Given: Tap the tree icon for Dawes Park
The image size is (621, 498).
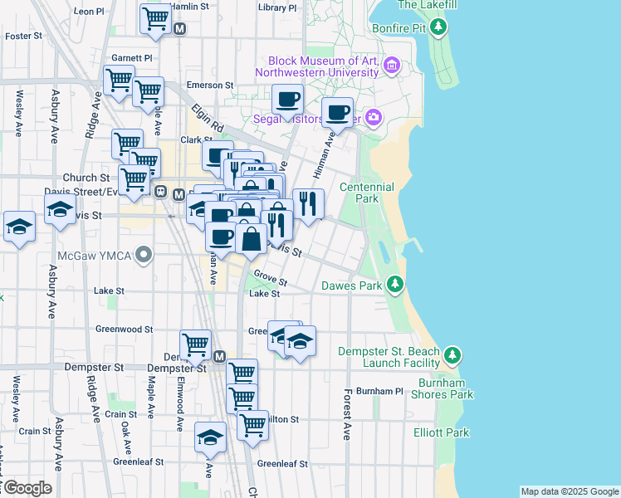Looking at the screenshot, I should coord(397,286).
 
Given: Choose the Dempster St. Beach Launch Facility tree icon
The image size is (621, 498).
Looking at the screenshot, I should coord(452,357).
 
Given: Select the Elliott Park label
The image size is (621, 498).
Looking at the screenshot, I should coord(441,432).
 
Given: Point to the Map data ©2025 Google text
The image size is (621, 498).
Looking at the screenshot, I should coord(570,491).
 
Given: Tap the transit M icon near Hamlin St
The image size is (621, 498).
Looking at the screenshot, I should coord(180,28).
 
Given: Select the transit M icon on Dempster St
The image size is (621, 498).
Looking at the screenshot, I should coord(220,356).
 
